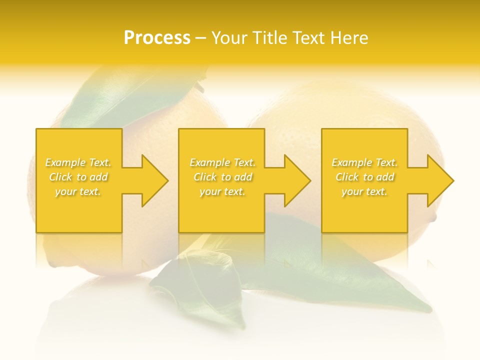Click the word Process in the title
tap(157, 38)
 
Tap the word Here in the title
tap(349, 38)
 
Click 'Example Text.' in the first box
tap(78, 162)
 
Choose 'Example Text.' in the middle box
tap(222, 162)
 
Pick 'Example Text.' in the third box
tap(364, 162)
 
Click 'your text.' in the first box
tap(78, 191)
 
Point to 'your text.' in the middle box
tap(222, 191)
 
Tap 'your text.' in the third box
tap(364, 191)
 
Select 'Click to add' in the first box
tap(78, 177)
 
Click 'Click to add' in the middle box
tap(222, 177)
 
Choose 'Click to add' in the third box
tap(364, 177)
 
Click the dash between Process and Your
tap(201, 38)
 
